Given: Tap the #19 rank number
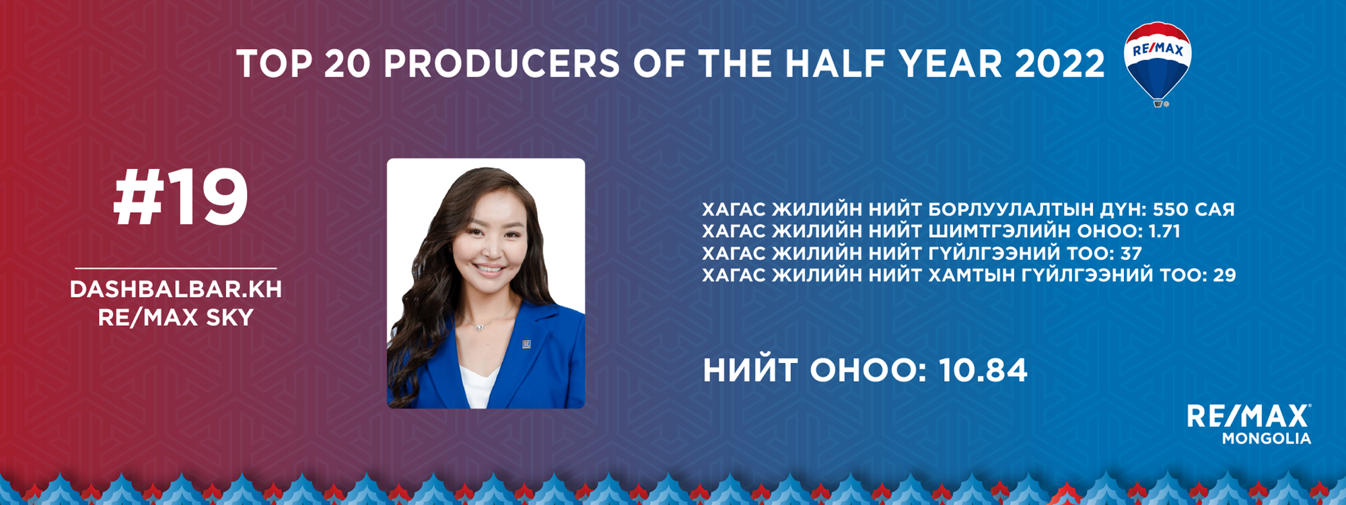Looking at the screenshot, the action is pyautogui.click(x=180, y=198).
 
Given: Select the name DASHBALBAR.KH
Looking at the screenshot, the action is pyautogui.click(x=176, y=289).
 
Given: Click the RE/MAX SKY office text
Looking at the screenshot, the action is pyautogui.click(x=176, y=317).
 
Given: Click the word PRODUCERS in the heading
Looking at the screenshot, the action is pyautogui.click(x=501, y=64).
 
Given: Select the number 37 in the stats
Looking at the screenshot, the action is pyautogui.click(x=1131, y=253).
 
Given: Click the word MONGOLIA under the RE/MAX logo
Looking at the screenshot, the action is pyautogui.click(x=1267, y=438).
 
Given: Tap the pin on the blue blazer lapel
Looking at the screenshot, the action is pyautogui.click(x=526, y=344).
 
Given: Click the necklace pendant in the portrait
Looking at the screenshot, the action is pyautogui.click(x=479, y=327).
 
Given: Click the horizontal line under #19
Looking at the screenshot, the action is pyautogui.click(x=176, y=268).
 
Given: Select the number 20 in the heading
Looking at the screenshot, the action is pyautogui.click(x=347, y=64).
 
